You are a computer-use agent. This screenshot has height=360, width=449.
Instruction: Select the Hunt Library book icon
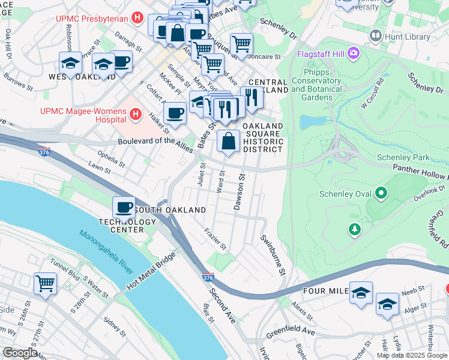click(376, 36)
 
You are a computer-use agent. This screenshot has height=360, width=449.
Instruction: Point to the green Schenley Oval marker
click(380, 194)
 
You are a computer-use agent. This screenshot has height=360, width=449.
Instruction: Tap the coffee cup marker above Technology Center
click(124, 208)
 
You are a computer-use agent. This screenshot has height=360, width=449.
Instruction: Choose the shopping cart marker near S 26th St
click(45, 283)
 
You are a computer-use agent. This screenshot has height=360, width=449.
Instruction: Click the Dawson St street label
click(240, 192)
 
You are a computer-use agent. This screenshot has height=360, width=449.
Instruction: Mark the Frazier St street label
click(215, 238)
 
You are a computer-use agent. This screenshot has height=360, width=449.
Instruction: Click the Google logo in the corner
click(19, 353)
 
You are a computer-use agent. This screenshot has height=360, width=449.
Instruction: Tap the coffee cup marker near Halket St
click(175, 112)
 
